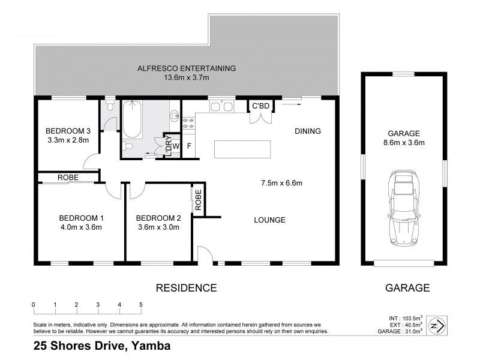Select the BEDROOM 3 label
pyautogui.click(x=68, y=131)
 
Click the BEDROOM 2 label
pyautogui.click(x=158, y=218)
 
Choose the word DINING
pyautogui.click(x=308, y=131)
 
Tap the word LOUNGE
pyautogui.click(x=269, y=220)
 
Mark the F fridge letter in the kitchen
pyautogui.click(x=189, y=146)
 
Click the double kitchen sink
pyautogui.click(x=221, y=107)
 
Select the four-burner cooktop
pyautogui.click(x=189, y=122)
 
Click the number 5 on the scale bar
pyautogui.click(x=141, y=304)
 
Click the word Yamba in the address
pyautogui.click(x=150, y=346)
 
